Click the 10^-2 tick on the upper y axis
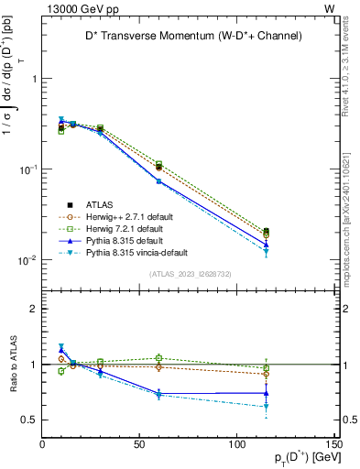pyautogui.click(x=25, y=260)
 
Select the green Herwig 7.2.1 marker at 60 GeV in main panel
pyautogui.click(x=158, y=164)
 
